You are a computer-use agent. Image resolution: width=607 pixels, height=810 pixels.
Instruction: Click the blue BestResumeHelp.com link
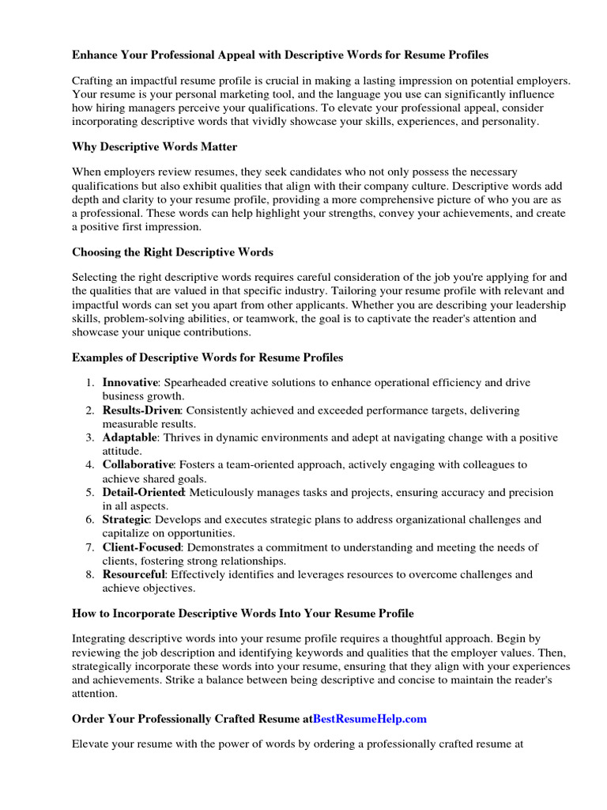pyautogui.click(x=369, y=719)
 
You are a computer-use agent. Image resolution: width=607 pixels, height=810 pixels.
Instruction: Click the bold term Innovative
pyautogui.click(x=130, y=382)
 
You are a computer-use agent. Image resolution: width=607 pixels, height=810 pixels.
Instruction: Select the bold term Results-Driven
pyautogui.click(x=141, y=410)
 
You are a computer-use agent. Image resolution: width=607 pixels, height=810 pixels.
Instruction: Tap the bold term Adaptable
pyautogui.click(x=130, y=437)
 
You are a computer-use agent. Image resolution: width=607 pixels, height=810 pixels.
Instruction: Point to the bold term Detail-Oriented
pyautogui.click(x=143, y=492)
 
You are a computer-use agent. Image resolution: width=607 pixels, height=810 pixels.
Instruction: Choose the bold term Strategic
pyautogui.click(x=126, y=520)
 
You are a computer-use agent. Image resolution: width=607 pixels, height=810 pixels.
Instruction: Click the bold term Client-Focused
pyautogui.click(x=141, y=547)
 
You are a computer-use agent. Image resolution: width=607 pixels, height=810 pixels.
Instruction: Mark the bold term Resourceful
pyautogui.click(x=134, y=574)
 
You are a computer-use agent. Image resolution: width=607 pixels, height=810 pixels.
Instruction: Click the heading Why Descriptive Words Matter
pyautogui.click(x=154, y=147)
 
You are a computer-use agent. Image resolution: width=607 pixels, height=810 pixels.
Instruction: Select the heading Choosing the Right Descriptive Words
pyautogui.click(x=172, y=252)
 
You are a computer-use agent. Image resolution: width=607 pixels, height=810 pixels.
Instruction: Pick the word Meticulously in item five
pyautogui.click(x=223, y=492)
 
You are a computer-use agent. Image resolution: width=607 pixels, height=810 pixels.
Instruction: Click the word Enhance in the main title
pyautogui.click(x=95, y=55)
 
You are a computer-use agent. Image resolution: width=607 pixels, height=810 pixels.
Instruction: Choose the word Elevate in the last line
pyautogui.click(x=92, y=744)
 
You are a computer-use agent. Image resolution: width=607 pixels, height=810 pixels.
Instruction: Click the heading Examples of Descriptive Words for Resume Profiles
pyautogui.click(x=207, y=358)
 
